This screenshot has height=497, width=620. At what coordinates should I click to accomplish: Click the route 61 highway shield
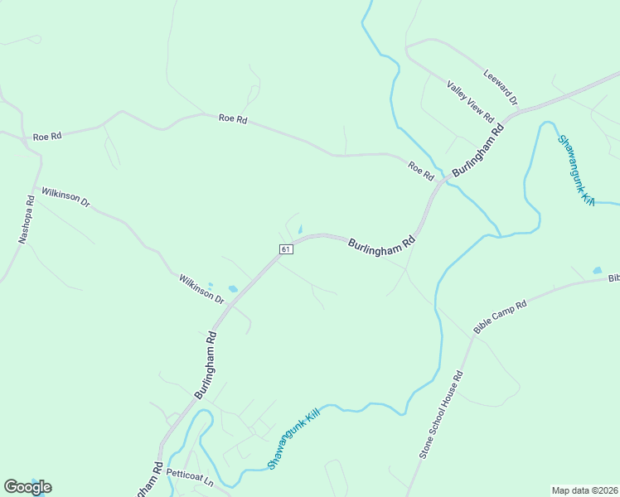[285, 249]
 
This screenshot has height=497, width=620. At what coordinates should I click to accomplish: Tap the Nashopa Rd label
[26, 219]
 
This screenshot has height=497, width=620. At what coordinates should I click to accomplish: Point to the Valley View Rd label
[470, 100]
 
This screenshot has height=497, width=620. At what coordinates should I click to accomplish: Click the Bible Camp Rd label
[500, 317]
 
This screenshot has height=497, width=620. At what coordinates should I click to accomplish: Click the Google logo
[27, 487]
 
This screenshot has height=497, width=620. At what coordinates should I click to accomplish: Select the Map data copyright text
[584, 490]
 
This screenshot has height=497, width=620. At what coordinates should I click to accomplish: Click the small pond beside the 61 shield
[299, 230]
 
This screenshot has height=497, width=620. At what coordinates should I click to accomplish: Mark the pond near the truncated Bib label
[597, 270]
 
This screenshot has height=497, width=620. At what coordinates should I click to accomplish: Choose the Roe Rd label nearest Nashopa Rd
[48, 136]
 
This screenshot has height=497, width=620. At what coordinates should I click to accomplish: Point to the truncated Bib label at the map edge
[613, 278]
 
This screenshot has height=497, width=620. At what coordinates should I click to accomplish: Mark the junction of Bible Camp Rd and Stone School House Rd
[473, 335]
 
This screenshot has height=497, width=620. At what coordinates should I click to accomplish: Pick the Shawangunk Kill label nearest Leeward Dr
[575, 169]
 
